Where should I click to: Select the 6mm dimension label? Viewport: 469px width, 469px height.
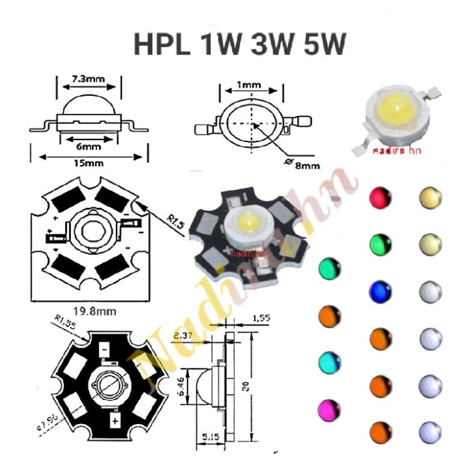pyautogui.click(x=89, y=145)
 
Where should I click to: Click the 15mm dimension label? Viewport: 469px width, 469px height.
pyautogui.click(x=90, y=163)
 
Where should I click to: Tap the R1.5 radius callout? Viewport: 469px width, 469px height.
pyautogui.click(x=175, y=218)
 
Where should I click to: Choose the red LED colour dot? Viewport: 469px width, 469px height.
pyautogui.click(x=381, y=197)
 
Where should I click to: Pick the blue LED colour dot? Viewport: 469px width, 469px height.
pyautogui.click(x=381, y=290)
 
